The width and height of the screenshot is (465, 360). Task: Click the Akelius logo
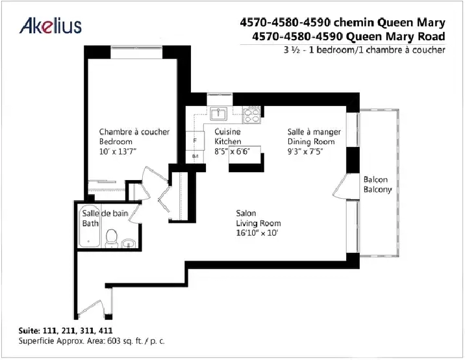tap(51, 26)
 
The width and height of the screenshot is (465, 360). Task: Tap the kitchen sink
tap(219, 114)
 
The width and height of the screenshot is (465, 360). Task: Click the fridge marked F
tap(195, 140)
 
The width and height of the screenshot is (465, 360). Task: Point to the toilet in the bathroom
tap(112, 238)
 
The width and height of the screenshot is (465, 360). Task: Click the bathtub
tap(89, 226)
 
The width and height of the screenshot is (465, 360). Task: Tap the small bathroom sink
tap(129, 243)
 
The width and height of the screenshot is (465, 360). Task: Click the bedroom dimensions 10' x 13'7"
tap(118, 151)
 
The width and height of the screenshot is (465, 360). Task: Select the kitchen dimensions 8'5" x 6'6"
tap(232, 151)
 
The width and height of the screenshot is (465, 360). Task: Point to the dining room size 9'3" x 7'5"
tap(305, 151)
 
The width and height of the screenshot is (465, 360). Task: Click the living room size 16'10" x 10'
tap(257, 233)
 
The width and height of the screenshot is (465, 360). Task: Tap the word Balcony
tap(377, 189)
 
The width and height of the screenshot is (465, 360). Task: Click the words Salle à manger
tap(314, 132)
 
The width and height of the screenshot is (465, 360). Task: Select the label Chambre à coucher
tap(134, 132)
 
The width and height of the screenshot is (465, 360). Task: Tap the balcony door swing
tap(340, 186)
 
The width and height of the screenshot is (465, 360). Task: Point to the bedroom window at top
tap(136, 47)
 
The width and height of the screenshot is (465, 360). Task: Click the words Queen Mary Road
tap(396, 36)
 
